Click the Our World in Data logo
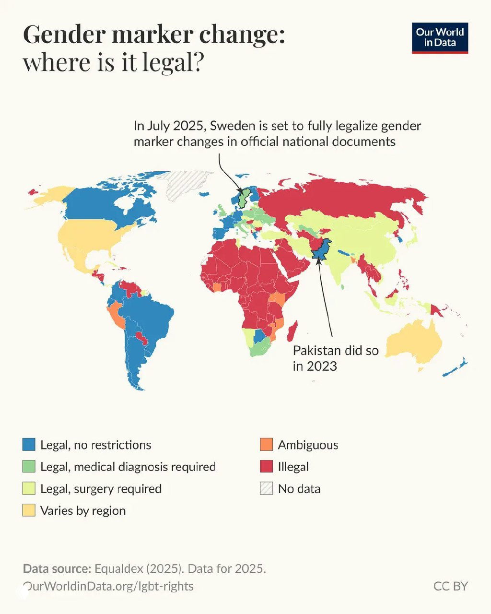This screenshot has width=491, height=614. [440, 37]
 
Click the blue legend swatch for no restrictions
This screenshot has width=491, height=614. [29, 445]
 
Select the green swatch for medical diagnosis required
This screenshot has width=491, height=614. [29, 466]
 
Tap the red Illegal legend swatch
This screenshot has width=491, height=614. [266, 466]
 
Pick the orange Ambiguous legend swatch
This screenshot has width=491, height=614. [266, 445]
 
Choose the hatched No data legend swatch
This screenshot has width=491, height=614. [266, 488]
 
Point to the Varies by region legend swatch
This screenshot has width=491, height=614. [29, 510]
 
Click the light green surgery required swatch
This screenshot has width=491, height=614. [29, 488]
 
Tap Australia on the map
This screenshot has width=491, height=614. [412, 343]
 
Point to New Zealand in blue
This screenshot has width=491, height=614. [456, 367]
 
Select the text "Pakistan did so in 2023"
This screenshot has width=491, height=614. [335, 358]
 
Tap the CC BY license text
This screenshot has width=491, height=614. [450, 586]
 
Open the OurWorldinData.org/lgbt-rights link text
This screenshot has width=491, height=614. [108, 586]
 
